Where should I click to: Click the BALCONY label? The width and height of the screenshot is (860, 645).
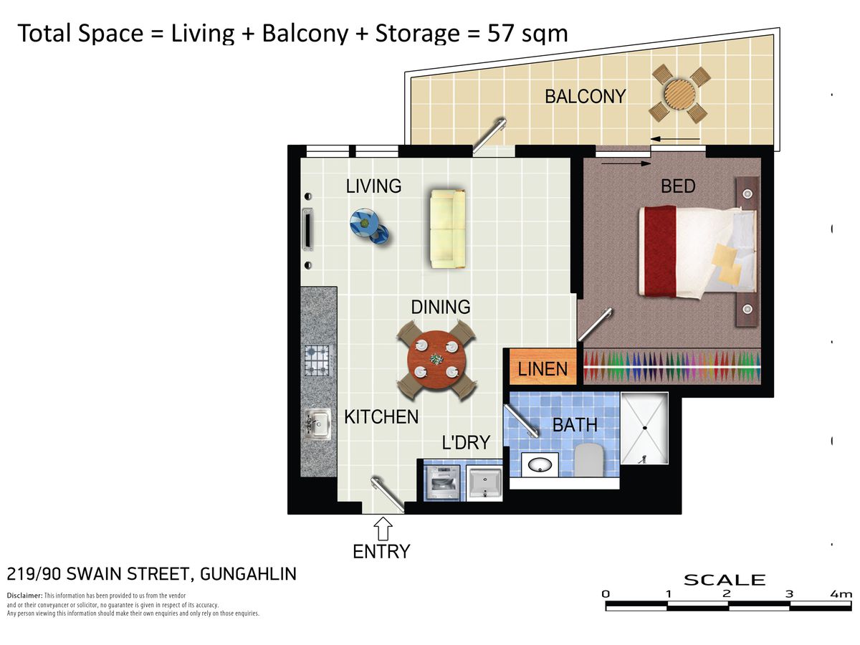coord(585,96)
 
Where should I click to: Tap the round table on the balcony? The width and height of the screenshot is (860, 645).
coord(678,93)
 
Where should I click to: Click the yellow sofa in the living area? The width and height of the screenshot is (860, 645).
coord(447,229)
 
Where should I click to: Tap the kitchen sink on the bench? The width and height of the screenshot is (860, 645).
coord(317,424)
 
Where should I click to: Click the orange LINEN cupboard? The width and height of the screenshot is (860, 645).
coord(543,368)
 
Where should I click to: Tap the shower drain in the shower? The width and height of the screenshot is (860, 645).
coord(644,428)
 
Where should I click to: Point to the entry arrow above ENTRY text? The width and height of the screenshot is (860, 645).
coord(383,529)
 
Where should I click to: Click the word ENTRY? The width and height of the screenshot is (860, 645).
coord(381,552)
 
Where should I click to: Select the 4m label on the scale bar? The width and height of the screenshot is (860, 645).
coord(841,594)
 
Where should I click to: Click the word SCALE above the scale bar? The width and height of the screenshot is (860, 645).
coord(725,580)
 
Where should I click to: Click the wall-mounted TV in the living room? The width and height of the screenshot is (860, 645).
coord(308,231)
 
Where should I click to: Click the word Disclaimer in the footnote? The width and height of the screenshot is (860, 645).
coord(24,596)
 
